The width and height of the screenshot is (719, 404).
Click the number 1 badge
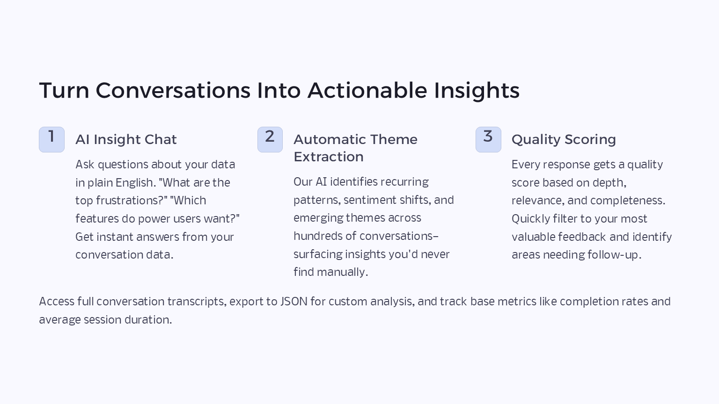(51, 139)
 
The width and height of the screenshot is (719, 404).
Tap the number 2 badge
(270, 139)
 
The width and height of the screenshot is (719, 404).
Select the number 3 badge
(488, 139)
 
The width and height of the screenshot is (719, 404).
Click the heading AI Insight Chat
(126, 139)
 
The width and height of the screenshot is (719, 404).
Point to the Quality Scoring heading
(564, 140)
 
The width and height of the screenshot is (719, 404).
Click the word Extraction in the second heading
(328, 157)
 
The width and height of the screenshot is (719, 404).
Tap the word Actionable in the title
(367, 90)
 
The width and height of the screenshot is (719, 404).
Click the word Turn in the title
(64, 90)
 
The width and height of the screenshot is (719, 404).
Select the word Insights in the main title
(477, 91)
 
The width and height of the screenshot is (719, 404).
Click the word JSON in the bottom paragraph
(293, 302)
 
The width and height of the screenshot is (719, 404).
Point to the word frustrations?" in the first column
(132, 201)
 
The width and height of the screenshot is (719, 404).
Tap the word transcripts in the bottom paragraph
(196, 302)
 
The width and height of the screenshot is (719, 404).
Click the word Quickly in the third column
(530, 219)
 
